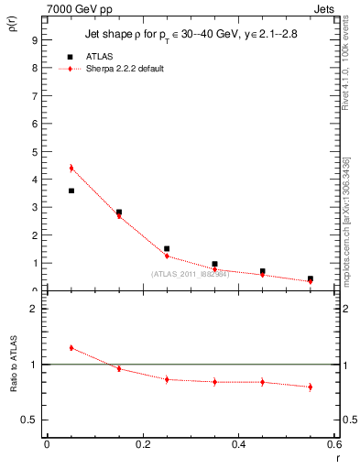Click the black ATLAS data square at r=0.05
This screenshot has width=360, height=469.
coord(71,191)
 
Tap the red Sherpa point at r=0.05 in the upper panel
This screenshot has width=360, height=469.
coord(71,168)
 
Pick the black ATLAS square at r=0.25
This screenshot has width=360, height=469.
coord(167,248)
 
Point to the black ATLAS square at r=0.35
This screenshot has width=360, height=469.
coord(214,264)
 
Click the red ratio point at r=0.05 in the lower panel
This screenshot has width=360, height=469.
coord(71,348)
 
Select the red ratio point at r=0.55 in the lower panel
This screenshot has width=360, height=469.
coord(311,387)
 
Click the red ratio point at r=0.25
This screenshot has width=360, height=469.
coord(167,379)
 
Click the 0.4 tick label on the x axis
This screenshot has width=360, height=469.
coord(238,444)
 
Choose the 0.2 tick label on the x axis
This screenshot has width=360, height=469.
coord(143,444)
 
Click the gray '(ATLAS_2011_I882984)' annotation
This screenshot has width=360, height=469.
coord(190,274)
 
